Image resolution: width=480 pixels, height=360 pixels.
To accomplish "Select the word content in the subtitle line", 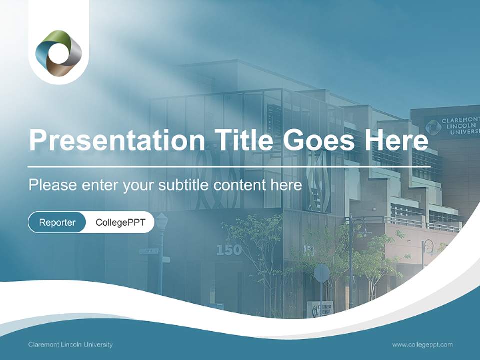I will click(x=237, y=185).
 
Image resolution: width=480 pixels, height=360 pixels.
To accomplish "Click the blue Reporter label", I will click(x=57, y=222).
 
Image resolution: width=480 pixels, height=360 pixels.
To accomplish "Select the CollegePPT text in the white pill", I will click(x=120, y=222).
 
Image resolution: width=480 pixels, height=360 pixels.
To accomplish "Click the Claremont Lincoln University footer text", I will click(x=71, y=344).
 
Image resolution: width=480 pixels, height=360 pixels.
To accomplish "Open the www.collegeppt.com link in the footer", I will click(x=422, y=344).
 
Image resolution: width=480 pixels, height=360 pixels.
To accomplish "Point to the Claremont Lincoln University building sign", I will click(x=451, y=126).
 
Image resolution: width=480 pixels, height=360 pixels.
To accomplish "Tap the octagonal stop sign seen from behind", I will click(x=322, y=273).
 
